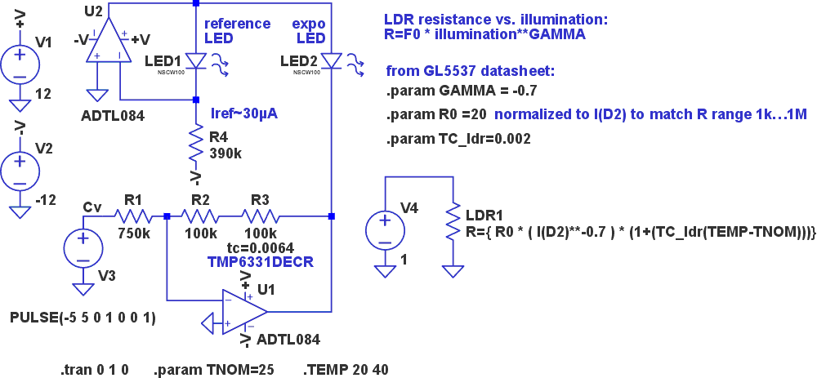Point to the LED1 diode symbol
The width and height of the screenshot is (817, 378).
pos(195,61)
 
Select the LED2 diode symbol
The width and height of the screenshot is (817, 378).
pos(332,61)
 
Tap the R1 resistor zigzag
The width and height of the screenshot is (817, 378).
pos(132,216)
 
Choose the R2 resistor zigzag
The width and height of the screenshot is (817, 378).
pos(200,216)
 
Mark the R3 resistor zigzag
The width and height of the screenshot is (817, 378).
pos(261,216)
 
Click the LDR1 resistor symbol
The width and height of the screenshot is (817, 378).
pos(451,221)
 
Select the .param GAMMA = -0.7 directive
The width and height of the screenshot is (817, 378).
pos(462,91)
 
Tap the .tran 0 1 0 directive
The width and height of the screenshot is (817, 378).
pos(95,369)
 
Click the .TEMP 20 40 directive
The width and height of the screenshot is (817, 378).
pos(346,369)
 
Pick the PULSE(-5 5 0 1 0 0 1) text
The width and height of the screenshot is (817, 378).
pos(83,316)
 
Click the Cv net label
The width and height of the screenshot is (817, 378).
pos(92,207)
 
